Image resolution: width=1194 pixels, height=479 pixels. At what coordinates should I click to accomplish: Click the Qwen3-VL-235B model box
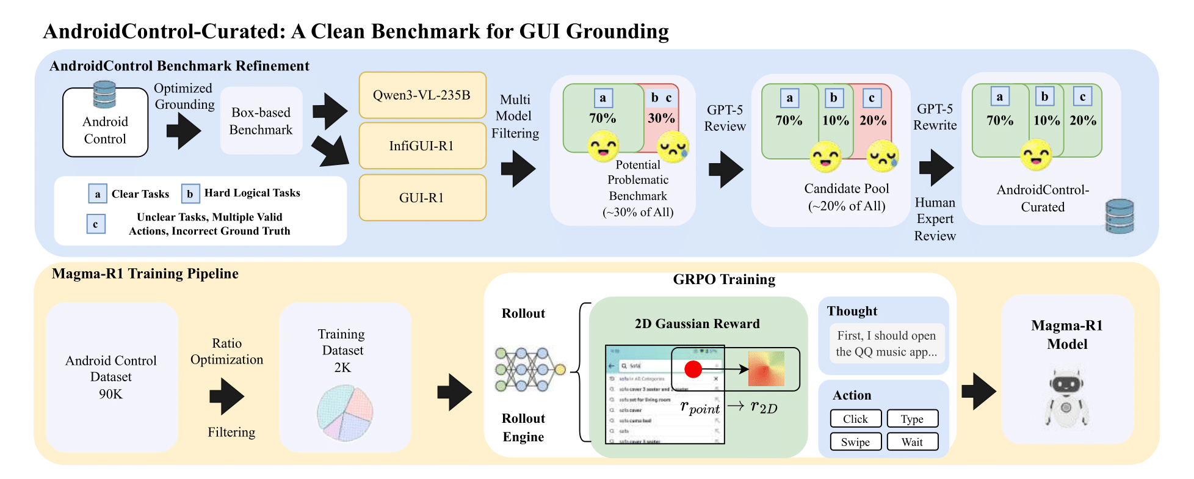[422, 95]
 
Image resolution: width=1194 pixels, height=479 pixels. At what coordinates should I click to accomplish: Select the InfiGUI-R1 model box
[422, 146]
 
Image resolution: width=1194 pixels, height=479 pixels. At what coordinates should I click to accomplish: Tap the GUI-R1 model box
[422, 198]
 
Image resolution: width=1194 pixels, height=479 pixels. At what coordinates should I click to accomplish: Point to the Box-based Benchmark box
[261, 121]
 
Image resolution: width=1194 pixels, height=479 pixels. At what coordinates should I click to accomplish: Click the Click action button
[855, 419]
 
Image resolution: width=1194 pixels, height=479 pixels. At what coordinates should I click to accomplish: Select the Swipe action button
[855, 442]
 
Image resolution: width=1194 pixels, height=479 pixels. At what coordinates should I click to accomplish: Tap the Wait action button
[912, 442]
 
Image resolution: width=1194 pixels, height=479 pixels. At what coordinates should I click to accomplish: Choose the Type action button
[912, 419]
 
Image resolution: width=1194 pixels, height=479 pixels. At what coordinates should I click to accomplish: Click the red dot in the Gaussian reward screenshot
[693, 369]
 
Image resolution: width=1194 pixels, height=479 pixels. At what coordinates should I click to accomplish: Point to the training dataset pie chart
[345, 413]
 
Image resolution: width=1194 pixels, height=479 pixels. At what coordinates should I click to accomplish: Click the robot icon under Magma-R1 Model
[1066, 398]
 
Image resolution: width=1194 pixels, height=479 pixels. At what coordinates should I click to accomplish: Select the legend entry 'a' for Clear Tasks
[98, 194]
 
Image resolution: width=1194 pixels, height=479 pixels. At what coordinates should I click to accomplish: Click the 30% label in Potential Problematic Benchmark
[661, 118]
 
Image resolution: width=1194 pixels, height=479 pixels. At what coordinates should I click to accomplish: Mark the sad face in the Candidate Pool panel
[882, 156]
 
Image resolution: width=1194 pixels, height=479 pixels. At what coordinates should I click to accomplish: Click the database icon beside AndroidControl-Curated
[1120, 216]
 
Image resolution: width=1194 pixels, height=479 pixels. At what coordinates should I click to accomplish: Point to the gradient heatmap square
[766, 368]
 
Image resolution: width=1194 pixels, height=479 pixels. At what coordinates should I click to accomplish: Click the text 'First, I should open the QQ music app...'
[886, 343]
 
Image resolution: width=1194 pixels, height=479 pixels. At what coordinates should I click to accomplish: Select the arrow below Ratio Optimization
[226, 396]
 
